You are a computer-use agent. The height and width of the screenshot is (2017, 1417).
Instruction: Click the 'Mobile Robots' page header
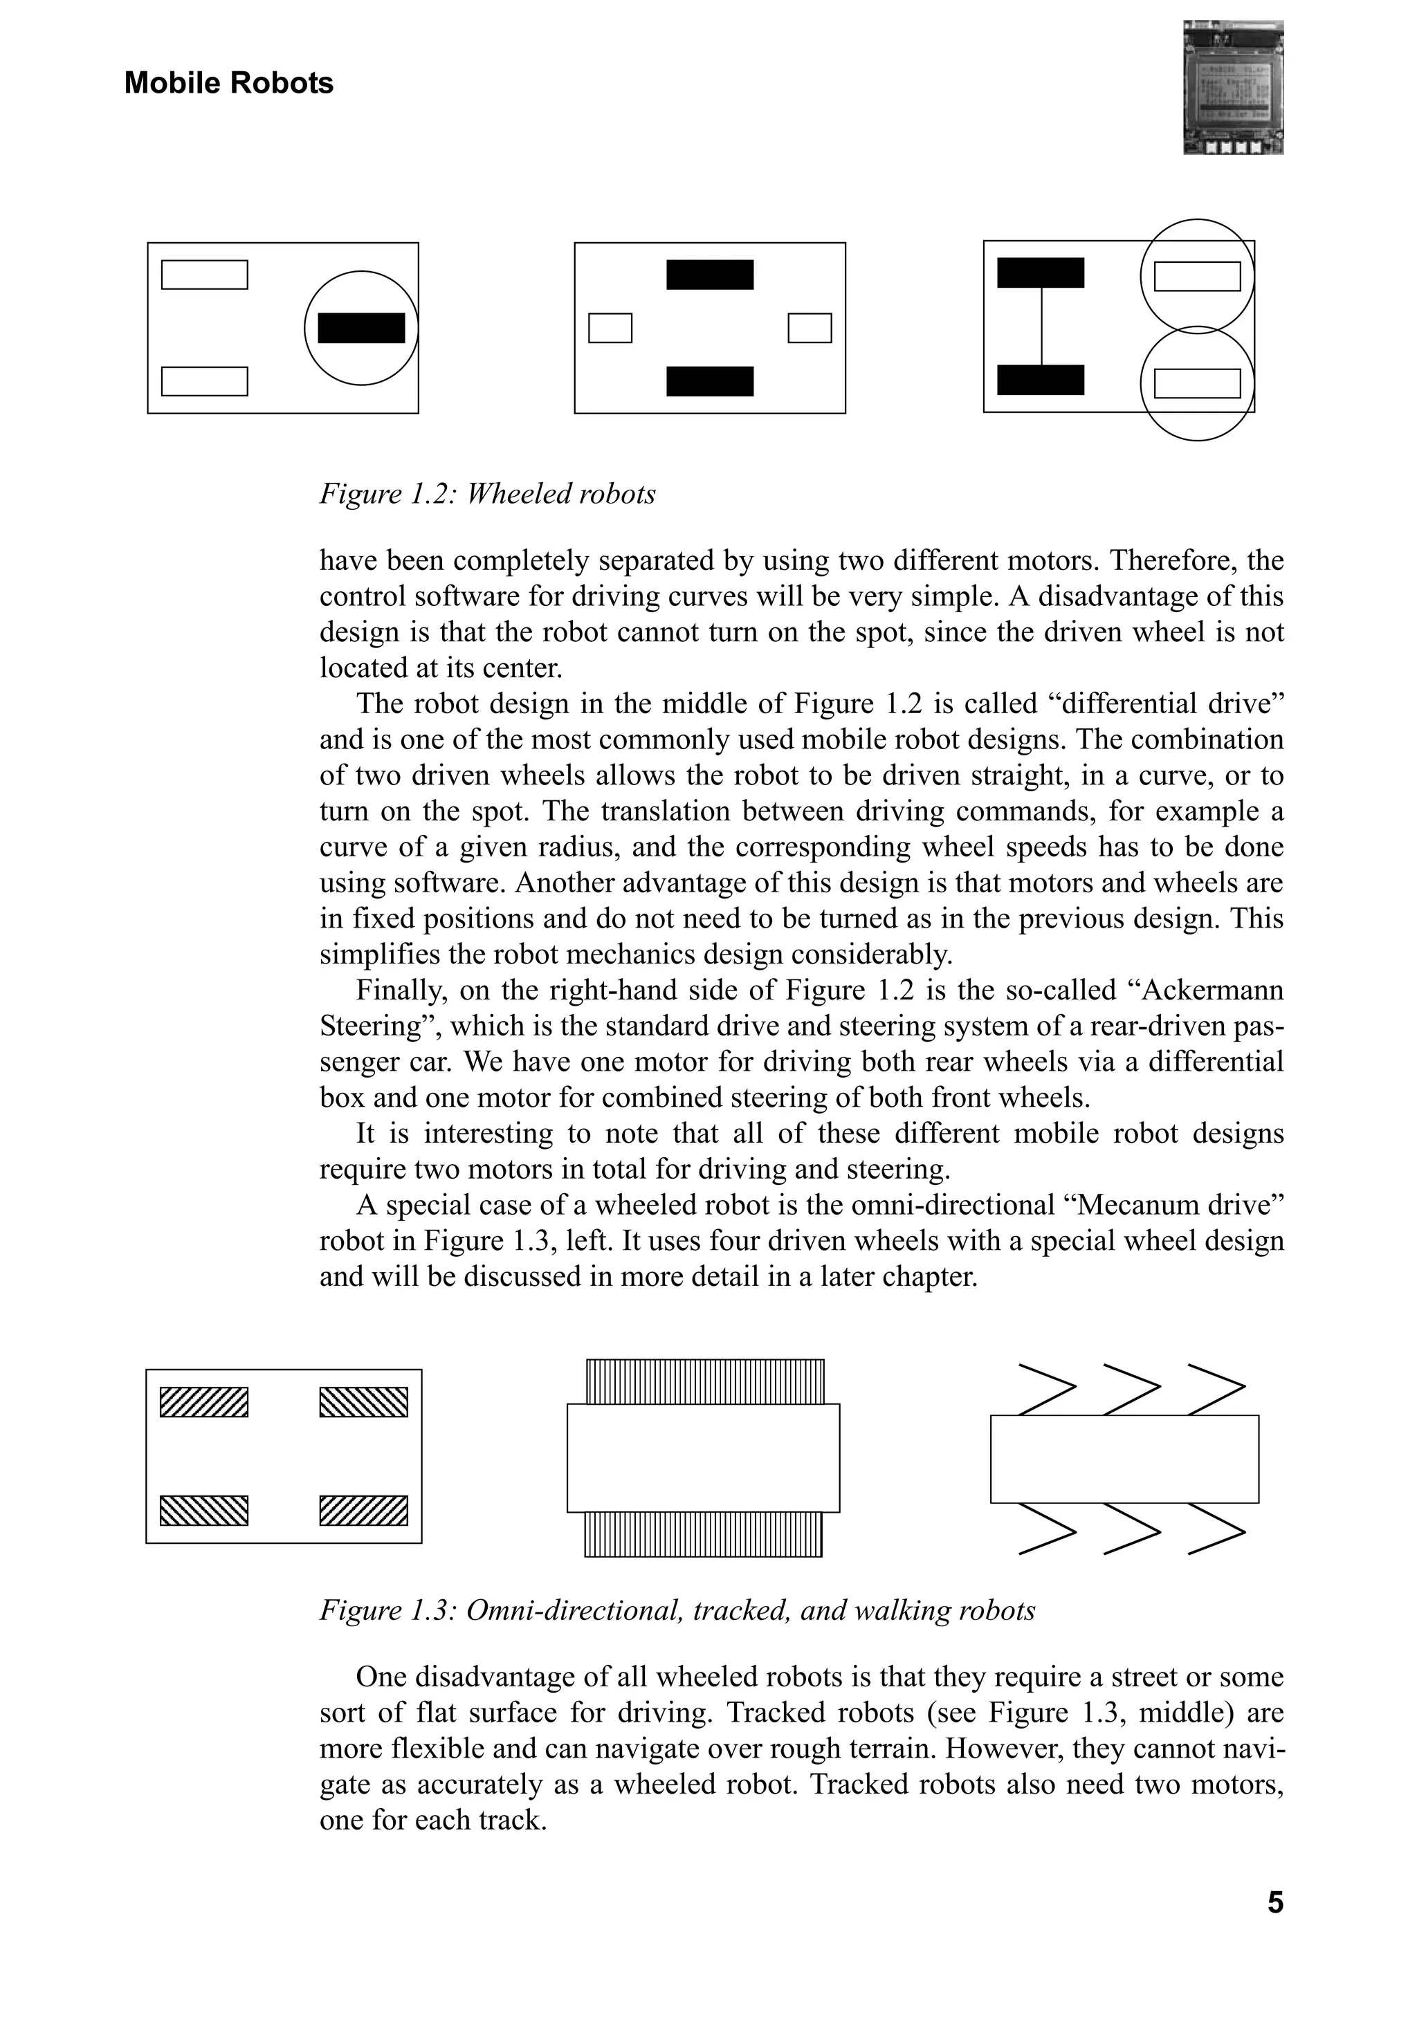(228, 84)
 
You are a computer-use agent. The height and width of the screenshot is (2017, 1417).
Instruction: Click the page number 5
(1274, 1902)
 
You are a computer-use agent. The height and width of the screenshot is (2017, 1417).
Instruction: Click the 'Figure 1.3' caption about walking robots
(677, 1610)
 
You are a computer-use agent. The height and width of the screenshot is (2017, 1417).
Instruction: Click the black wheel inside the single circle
(361, 328)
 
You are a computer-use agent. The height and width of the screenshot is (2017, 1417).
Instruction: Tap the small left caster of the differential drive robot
(610, 328)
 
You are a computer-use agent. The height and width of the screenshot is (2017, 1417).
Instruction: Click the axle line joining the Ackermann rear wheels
(1042, 326)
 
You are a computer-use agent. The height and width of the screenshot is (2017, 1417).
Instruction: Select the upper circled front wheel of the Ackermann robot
(1196, 276)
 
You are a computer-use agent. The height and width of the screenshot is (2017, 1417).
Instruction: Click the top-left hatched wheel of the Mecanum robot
(204, 1402)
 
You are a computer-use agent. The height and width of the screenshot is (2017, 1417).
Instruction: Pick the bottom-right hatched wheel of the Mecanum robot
(363, 1510)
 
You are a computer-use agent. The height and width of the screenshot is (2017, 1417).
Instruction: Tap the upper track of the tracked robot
(704, 1383)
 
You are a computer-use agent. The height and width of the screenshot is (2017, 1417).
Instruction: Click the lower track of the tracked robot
(703, 1534)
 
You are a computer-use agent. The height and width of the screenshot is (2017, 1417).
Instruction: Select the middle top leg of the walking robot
(1131, 1390)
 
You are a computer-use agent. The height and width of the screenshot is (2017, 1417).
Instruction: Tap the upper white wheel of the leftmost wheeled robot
(205, 275)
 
